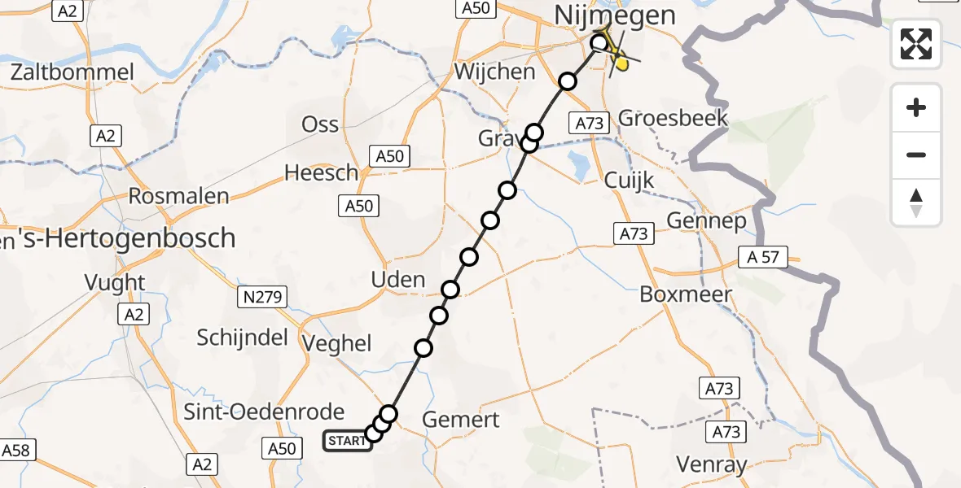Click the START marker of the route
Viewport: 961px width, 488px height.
click(348, 441)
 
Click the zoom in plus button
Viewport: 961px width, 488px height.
click(916, 107)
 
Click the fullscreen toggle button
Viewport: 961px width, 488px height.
click(916, 43)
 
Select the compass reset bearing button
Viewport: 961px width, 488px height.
click(916, 203)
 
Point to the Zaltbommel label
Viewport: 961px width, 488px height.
click(72, 72)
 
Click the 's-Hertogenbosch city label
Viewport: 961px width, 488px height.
click(122, 238)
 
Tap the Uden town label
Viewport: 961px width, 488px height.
click(397, 280)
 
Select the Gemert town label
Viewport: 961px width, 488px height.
click(462, 420)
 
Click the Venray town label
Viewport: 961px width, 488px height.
click(712, 464)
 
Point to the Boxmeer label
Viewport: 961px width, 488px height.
click(686, 294)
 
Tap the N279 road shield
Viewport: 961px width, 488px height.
click(263, 298)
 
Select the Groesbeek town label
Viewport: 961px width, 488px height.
click(673, 118)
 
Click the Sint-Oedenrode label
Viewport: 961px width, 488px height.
click(275, 412)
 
